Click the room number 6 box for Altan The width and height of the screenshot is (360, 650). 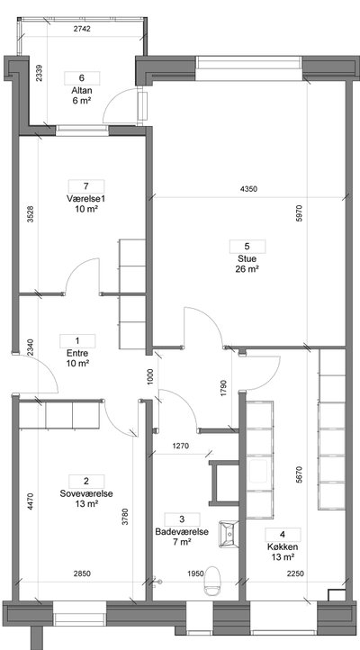pyautogui.click(x=82, y=78)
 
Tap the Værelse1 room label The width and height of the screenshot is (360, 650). pyautogui.click(x=85, y=199)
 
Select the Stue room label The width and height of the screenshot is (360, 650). pyautogui.click(x=247, y=258)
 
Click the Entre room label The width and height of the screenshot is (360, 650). pyautogui.click(x=77, y=354)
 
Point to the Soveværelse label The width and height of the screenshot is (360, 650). pyautogui.click(x=86, y=493)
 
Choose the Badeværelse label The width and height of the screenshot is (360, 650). pyautogui.click(x=182, y=532)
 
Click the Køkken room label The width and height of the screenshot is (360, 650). pyautogui.click(x=283, y=546)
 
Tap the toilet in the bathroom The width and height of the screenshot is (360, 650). pyautogui.click(x=212, y=582)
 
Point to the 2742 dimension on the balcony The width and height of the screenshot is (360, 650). pyautogui.click(x=82, y=29)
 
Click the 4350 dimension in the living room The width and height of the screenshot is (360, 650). pyautogui.click(x=248, y=189)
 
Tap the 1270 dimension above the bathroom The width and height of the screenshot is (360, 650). pyautogui.click(x=180, y=446)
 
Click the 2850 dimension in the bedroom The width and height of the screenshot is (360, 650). pyautogui.click(x=82, y=573)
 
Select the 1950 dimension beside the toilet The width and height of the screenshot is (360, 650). pyautogui.click(x=195, y=573)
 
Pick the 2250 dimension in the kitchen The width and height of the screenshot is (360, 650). pyautogui.click(x=295, y=573)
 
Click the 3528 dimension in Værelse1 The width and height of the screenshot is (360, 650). pyautogui.click(x=30, y=214)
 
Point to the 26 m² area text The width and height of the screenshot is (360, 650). pyautogui.click(x=247, y=268)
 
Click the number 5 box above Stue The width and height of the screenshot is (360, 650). pyautogui.click(x=247, y=247)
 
